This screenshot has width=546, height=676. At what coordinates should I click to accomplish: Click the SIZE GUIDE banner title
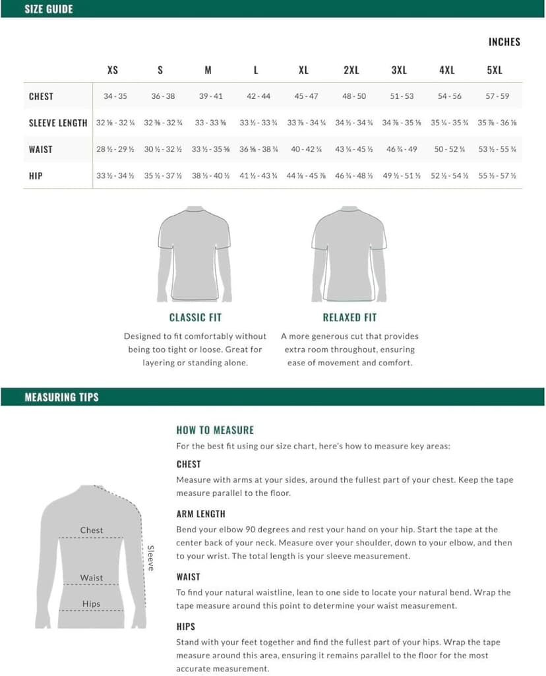click(49, 9)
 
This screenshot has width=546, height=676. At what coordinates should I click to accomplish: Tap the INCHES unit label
click(504, 42)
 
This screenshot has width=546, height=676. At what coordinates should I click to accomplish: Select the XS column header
click(113, 71)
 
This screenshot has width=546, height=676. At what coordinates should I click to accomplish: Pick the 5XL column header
click(495, 71)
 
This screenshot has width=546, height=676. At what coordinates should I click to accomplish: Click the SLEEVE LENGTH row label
click(58, 123)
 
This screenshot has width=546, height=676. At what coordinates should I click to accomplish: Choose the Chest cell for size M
click(210, 96)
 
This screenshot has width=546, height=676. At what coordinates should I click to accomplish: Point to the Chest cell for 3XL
click(402, 96)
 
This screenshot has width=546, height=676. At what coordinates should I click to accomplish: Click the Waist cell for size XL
click(306, 149)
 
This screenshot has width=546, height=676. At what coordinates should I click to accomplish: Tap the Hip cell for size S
click(163, 176)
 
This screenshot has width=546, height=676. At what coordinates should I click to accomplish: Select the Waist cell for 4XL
click(449, 149)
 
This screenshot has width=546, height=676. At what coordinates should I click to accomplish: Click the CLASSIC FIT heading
click(195, 317)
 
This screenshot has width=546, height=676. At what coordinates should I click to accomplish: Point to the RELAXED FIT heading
click(349, 317)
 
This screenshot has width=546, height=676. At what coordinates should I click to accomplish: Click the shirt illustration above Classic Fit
click(195, 254)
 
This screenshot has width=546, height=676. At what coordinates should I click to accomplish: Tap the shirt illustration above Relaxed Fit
click(349, 254)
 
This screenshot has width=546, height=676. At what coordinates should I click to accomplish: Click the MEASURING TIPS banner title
click(61, 397)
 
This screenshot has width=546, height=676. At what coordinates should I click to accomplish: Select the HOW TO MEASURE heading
click(215, 430)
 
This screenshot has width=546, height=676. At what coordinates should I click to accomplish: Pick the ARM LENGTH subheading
click(200, 514)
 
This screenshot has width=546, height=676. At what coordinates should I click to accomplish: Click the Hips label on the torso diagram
click(92, 603)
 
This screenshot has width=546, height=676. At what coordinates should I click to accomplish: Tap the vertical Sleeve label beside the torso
click(150, 558)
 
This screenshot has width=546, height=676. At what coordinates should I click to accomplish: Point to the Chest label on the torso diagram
click(92, 530)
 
